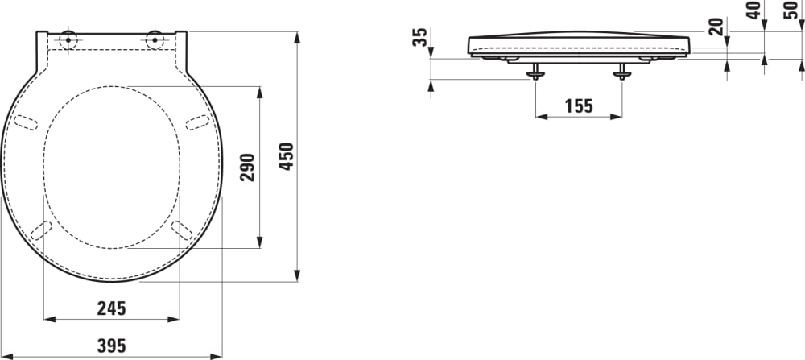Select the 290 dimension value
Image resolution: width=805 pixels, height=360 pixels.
pos(248,167)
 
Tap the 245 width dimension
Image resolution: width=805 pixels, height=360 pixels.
pos(111,308)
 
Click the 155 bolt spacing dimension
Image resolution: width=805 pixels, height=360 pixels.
pos(578,106)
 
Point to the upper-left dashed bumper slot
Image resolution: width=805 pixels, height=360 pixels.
pos(27,122)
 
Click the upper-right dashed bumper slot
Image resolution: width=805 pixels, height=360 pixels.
pos(198,122)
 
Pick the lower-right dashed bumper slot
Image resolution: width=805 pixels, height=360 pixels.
pos(182,230)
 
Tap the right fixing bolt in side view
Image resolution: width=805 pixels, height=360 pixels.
pos(621,73)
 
